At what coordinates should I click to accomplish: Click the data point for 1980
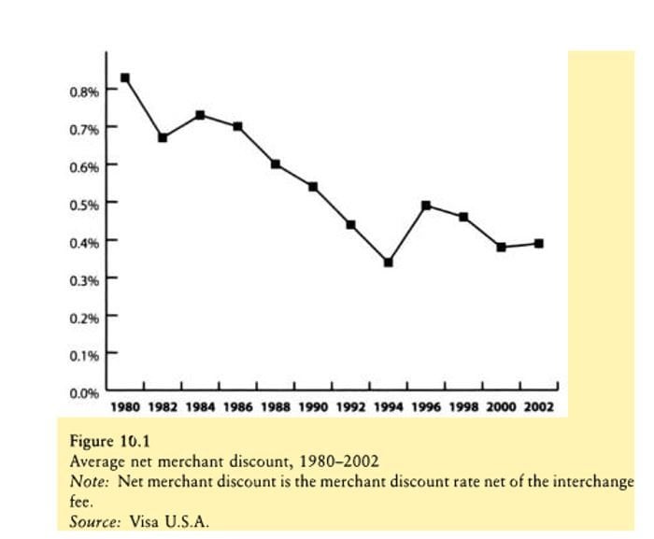tap(125, 78)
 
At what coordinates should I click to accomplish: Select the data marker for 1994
tap(388, 262)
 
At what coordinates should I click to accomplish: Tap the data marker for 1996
tap(426, 206)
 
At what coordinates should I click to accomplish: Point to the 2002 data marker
tap(539, 244)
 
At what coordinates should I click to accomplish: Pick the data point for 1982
tap(163, 137)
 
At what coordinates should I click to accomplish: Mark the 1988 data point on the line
tap(276, 163)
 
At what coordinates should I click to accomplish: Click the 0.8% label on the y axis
tap(84, 92)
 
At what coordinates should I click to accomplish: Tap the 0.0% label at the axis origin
tap(84, 393)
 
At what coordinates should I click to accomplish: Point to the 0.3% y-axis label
tap(84, 279)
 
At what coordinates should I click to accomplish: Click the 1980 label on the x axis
tap(125, 407)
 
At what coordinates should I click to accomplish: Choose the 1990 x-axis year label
tap(313, 407)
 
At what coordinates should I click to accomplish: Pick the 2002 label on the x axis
tap(538, 407)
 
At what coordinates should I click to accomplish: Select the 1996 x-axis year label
tap(426, 407)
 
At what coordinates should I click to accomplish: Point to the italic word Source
tap(94, 520)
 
